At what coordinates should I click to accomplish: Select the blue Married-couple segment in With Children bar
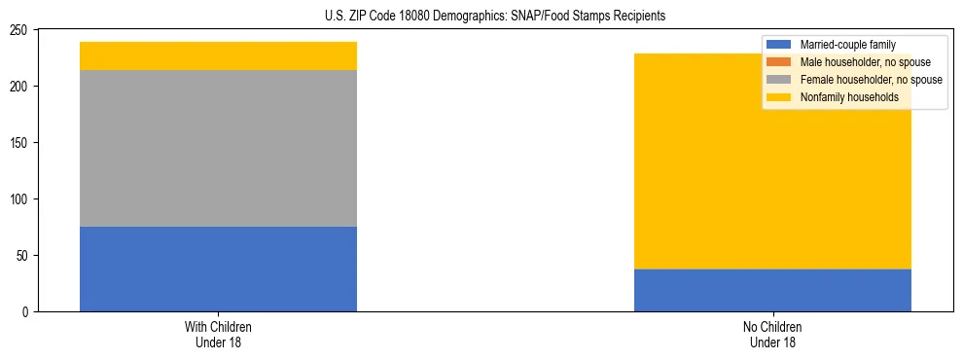coord(218,269)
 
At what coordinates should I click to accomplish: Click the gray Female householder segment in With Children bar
coord(218,148)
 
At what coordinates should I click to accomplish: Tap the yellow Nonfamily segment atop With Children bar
coord(218,55)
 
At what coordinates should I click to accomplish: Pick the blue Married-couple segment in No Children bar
coord(772,290)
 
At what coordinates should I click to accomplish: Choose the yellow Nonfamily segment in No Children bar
coord(772,161)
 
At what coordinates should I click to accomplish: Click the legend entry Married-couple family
coord(847,45)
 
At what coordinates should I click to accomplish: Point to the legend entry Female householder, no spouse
coord(861,80)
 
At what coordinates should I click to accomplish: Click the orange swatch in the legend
coord(779,62)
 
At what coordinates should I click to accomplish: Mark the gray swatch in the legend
coord(779,80)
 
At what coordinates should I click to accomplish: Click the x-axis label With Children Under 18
coord(218,334)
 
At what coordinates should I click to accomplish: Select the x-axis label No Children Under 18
coord(772,334)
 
